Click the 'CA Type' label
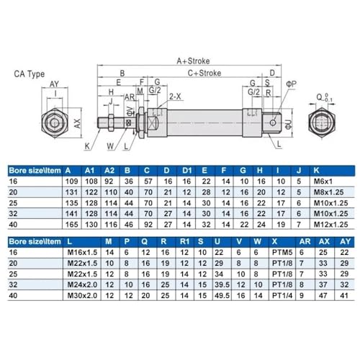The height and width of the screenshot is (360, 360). pos(30,74)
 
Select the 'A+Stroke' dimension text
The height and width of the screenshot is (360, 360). pos(193,61)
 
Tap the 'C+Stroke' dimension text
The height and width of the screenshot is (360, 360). pos(204,73)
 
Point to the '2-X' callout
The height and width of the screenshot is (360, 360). pos(175,96)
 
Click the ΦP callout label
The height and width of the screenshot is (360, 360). pos(291,84)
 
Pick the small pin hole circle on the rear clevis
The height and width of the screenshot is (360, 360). pos(273,122)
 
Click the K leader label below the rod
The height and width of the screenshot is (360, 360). pos(87,146)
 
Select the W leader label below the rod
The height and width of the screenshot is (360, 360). pos(110,146)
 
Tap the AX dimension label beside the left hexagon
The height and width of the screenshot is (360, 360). pos(77,123)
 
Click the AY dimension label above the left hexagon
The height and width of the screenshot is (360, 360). pos(54,84)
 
